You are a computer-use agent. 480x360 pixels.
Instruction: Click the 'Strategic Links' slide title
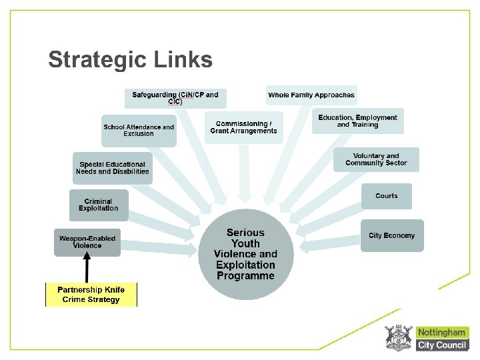click(130, 60)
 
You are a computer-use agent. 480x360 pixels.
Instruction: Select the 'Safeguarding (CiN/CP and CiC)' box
click(175, 98)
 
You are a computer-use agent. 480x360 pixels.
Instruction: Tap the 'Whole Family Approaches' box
click(311, 95)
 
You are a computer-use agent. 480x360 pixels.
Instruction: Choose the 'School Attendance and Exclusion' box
click(139, 130)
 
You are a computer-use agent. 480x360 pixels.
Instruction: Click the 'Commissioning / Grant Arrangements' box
click(243, 127)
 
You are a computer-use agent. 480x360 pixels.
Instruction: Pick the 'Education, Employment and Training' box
click(357, 121)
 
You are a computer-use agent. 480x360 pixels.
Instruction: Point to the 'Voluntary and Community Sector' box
click(376, 159)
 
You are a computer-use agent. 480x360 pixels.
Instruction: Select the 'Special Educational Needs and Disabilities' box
click(112, 168)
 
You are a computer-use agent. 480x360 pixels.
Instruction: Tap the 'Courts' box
click(386, 196)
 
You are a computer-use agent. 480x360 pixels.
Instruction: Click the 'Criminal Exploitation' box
click(98, 205)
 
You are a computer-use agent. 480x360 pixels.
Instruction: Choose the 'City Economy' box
click(391, 235)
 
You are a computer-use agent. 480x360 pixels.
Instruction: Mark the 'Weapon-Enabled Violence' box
click(87, 242)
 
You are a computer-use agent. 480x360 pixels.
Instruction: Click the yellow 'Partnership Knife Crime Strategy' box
click(91, 295)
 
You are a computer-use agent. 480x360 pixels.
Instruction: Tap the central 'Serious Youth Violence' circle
click(245, 254)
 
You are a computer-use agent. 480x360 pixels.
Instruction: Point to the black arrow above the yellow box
click(87, 269)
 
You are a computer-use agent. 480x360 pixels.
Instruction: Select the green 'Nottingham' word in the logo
click(443, 332)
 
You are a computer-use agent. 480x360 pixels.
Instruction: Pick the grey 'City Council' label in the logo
click(443, 345)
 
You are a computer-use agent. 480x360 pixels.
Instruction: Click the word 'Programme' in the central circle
click(245, 275)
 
